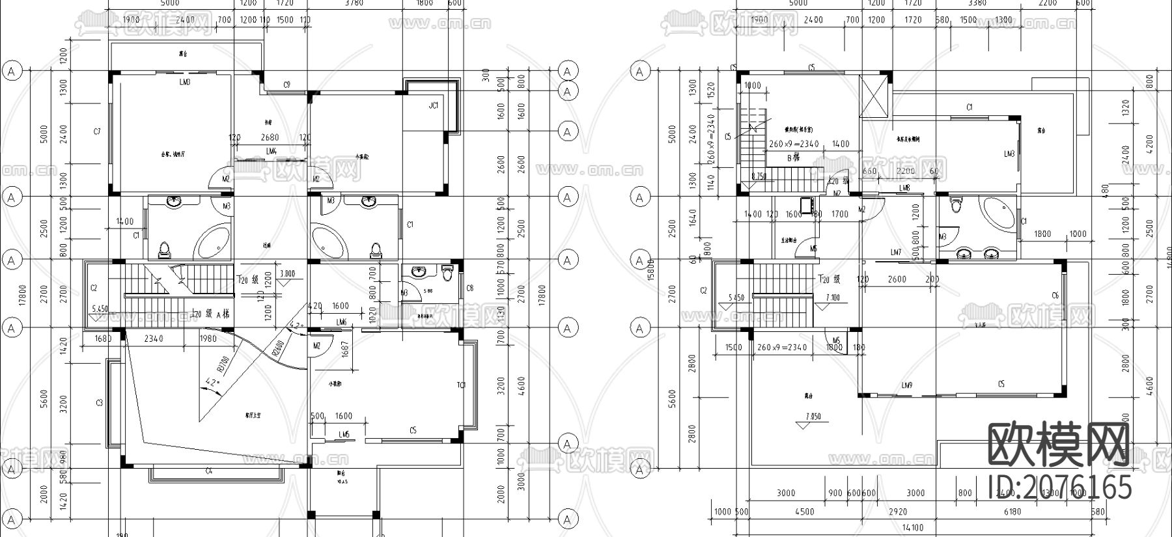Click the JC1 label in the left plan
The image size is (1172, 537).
(x=434, y=105)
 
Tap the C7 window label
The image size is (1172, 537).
(x=97, y=132)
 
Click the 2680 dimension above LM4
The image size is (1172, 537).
(x=270, y=138)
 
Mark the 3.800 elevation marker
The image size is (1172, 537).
(x=287, y=274)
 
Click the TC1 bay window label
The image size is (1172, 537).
(x=462, y=385)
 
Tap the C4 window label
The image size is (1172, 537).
(x=209, y=471)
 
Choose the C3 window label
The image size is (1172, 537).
(x=100, y=404)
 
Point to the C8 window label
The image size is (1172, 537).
(x=470, y=288)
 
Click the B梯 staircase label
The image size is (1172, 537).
(x=793, y=158)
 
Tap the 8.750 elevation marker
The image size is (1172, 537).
(x=759, y=176)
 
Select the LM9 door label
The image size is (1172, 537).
(x=907, y=386)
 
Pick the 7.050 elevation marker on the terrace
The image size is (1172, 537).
(x=813, y=417)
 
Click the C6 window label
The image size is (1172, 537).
(x=1055, y=296)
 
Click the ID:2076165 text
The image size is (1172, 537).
(x=1060, y=488)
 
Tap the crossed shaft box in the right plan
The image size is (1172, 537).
(x=874, y=96)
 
